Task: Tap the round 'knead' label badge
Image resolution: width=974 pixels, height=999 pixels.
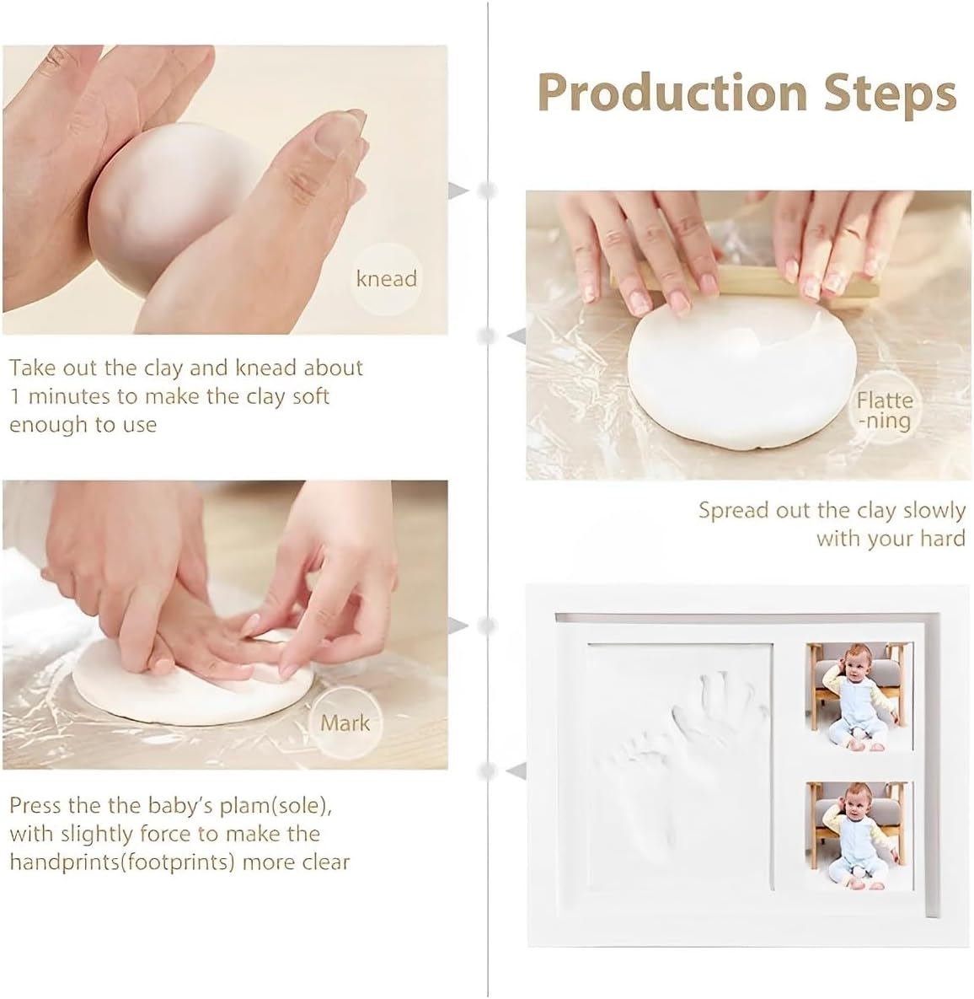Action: click(386, 278)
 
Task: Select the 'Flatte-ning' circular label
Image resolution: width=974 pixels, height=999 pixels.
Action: click(885, 411)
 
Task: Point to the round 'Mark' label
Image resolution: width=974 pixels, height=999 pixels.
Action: click(345, 722)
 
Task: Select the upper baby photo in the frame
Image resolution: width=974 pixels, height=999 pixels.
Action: click(859, 696)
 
